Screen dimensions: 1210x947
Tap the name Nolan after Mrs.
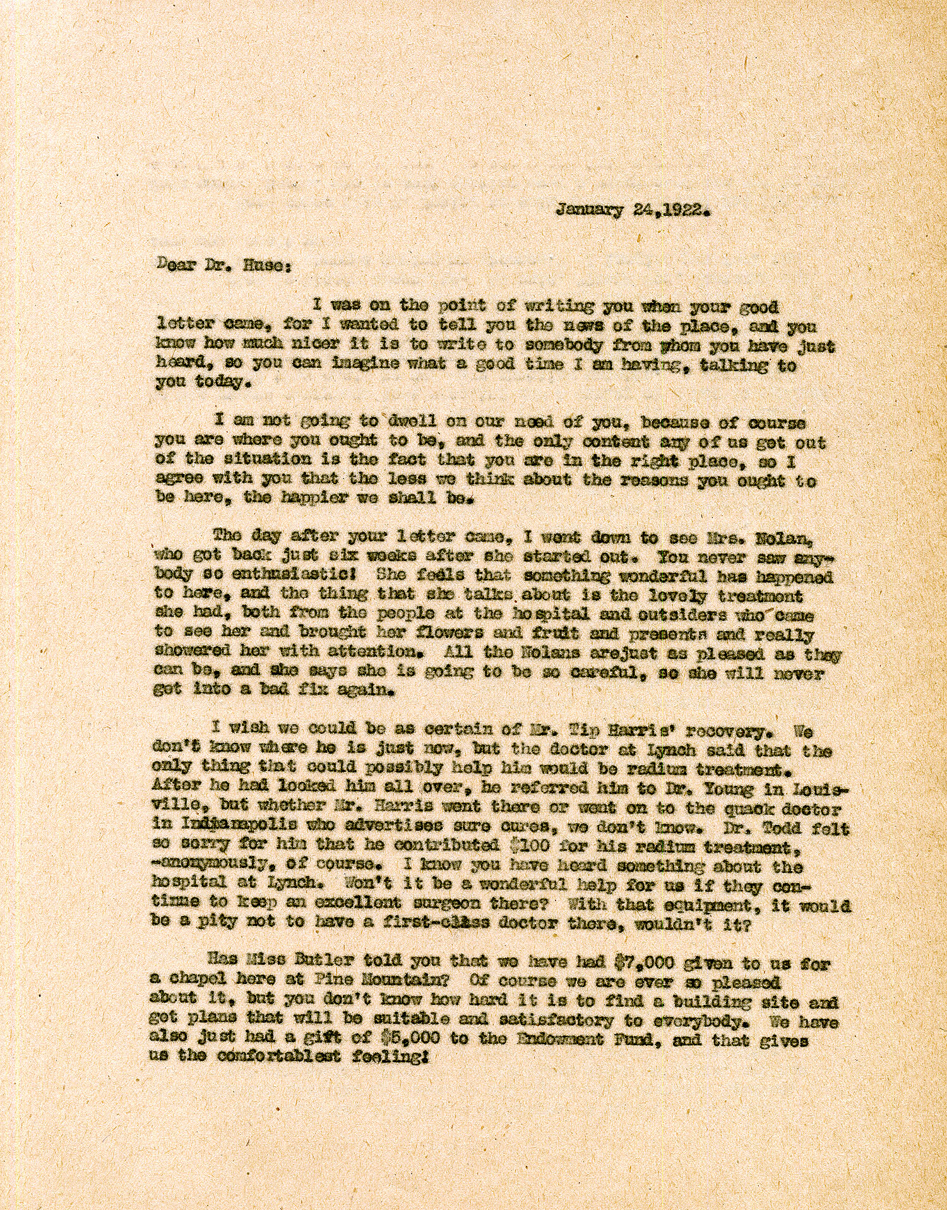(778, 538)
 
